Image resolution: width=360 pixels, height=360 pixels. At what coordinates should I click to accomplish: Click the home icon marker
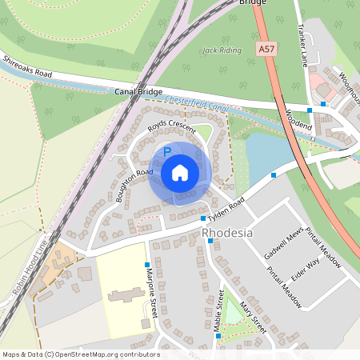[180, 173]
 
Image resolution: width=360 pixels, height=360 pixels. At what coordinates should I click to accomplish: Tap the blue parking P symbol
[167, 150]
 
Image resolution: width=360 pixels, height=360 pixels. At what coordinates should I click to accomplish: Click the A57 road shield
[267, 50]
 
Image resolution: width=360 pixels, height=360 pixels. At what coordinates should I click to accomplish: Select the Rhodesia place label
[228, 233]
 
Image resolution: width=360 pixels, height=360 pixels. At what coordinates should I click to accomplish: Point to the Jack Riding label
[222, 50]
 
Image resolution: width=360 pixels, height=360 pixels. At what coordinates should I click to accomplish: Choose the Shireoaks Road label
[27, 67]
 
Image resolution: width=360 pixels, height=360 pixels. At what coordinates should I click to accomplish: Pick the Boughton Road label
[134, 184]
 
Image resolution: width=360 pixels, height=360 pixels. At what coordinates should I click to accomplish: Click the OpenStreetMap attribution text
[81, 354]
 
